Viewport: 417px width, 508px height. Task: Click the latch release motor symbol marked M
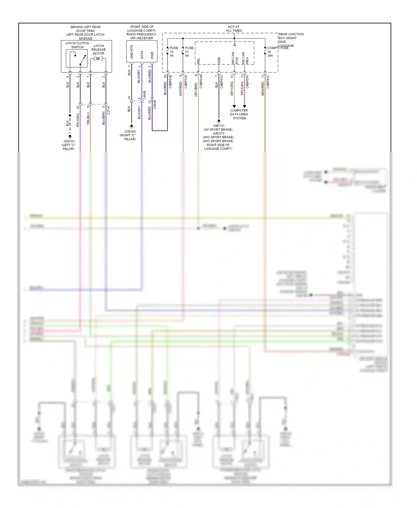98,59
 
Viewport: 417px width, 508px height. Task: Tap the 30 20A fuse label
270,54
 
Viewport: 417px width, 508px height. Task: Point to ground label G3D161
69,141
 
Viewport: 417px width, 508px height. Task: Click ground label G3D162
130,131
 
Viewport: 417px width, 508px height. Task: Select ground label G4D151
219,126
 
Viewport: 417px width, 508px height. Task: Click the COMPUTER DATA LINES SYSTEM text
239,114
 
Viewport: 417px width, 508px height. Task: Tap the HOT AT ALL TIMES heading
234,29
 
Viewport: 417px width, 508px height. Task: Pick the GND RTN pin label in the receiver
132,52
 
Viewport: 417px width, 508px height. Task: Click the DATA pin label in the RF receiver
142,54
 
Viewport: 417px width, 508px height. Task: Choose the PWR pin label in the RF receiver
152,55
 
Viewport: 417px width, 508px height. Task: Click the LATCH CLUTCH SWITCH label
77,45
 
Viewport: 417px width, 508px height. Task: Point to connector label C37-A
108,110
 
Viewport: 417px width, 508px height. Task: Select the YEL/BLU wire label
88,118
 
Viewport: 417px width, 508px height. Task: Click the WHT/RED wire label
181,89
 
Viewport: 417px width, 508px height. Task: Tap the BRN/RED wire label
263,89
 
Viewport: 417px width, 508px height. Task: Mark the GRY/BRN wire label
196,89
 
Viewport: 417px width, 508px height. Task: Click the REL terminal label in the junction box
198,61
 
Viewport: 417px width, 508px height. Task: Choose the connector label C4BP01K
247,82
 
